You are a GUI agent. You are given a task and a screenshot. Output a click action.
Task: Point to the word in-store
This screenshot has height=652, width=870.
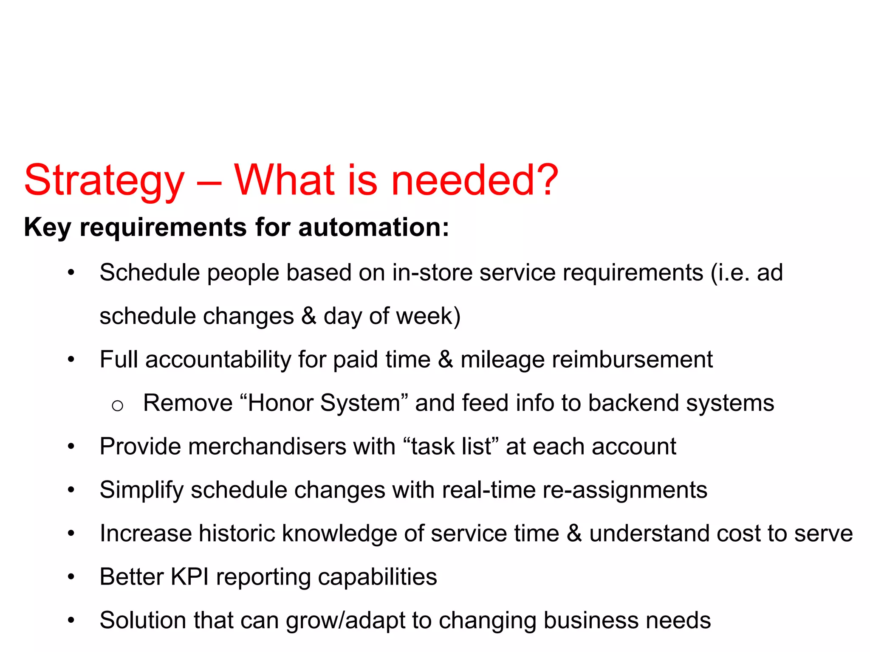pos(432,273)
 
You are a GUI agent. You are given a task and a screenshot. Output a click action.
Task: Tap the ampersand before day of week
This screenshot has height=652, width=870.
pos(309,316)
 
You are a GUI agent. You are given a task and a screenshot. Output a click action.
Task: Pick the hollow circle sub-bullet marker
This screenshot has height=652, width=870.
pos(117,406)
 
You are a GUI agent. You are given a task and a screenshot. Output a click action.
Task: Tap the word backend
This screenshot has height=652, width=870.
pos(633,403)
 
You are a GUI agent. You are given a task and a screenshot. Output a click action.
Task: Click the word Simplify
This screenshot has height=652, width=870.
pos(141,491)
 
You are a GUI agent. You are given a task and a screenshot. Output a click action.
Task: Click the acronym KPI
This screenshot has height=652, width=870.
pos(189,577)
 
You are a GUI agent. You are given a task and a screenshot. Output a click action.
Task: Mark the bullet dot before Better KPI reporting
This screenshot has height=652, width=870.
pos(71,577)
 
